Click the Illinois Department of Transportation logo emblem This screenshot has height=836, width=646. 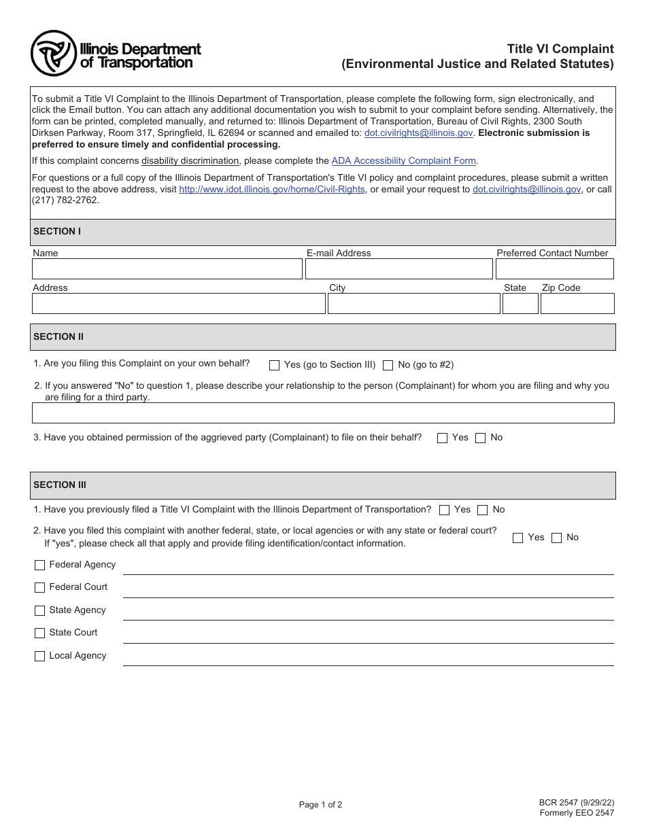[x=53, y=53]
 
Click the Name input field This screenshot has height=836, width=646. [x=167, y=269]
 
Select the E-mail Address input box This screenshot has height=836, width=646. [x=398, y=269]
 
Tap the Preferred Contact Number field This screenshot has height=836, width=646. [x=554, y=269]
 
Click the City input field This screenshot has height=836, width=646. [x=413, y=303]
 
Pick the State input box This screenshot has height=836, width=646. [x=520, y=303]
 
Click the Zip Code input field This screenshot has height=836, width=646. [x=577, y=303]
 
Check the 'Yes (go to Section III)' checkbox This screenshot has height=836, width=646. [x=275, y=365]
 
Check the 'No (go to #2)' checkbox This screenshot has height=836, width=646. [x=388, y=365]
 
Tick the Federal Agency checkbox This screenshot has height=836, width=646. [x=39, y=565]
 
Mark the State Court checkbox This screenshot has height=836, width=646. [x=39, y=633]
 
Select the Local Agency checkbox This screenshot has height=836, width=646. [x=39, y=656]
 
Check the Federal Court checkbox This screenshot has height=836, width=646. [x=39, y=587]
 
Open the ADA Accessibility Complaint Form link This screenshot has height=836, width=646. [x=404, y=161]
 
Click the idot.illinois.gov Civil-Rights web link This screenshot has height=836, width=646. [x=272, y=190]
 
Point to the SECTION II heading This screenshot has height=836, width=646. [x=58, y=336]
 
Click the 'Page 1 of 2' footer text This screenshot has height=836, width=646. [x=320, y=805]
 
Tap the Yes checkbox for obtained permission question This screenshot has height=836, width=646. [x=443, y=438]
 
